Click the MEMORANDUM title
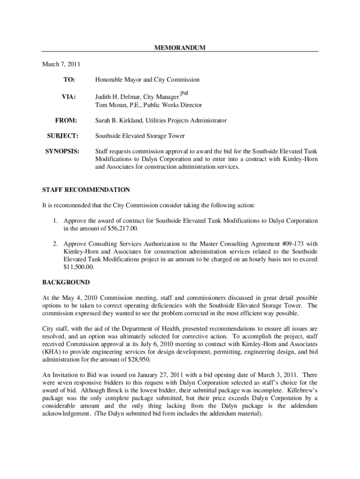tap(180, 48)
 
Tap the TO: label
tap(69, 80)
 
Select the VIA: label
tap(69, 97)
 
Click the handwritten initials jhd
tap(184, 93)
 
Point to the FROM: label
tap(66, 121)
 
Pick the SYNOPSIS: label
tap(62, 152)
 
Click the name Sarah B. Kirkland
tap(119, 121)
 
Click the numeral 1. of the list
tap(55, 221)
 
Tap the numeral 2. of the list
tap(55, 244)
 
